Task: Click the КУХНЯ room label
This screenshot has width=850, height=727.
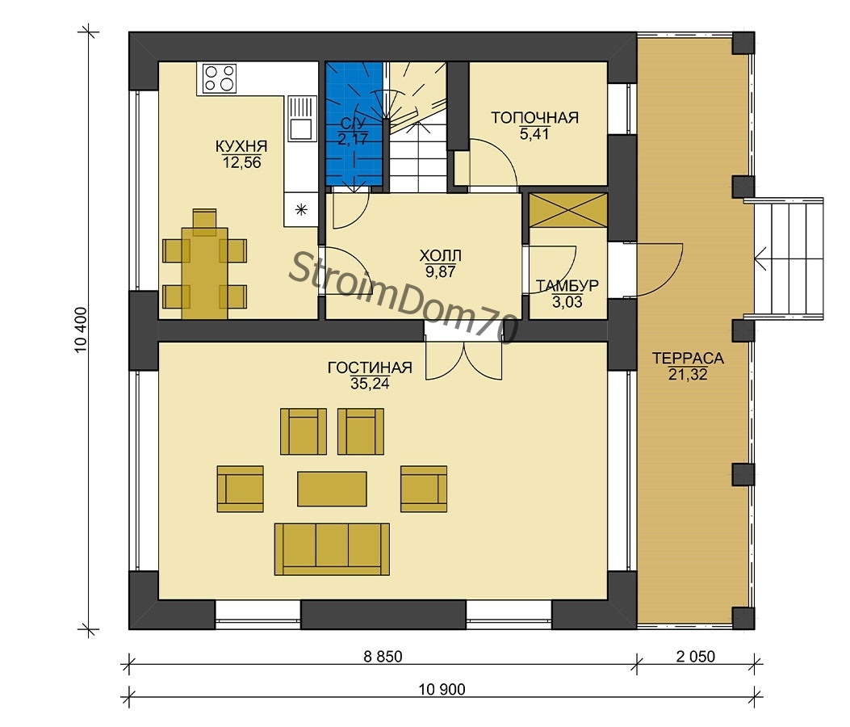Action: click(241, 146)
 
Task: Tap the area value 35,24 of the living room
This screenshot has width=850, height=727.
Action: click(370, 384)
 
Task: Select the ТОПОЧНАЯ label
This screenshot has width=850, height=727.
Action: click(534, 118)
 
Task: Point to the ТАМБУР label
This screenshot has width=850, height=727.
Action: click(567, 286)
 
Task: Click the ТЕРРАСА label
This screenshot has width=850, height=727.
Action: click(688, 358)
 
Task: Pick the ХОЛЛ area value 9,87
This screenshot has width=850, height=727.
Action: click(440, 271)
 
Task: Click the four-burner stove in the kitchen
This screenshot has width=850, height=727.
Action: click(220, 78)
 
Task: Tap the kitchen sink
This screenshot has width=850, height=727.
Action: click(301, 119)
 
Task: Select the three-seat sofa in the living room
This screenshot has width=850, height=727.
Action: click(332, 549)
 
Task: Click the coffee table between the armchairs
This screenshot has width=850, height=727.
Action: click(332, 489)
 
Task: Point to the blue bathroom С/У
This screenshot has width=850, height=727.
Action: click(354, 124)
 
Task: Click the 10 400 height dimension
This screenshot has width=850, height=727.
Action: click(81, 330)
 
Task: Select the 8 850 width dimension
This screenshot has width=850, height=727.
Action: click(383, 657)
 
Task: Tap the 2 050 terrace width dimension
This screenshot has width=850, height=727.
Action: click(696, 657)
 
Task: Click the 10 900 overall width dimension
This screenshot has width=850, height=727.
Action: click(442, 689)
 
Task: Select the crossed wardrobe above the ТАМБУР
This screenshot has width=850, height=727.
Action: click(567, 210)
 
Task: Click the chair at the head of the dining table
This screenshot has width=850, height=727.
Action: click(204, 221)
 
